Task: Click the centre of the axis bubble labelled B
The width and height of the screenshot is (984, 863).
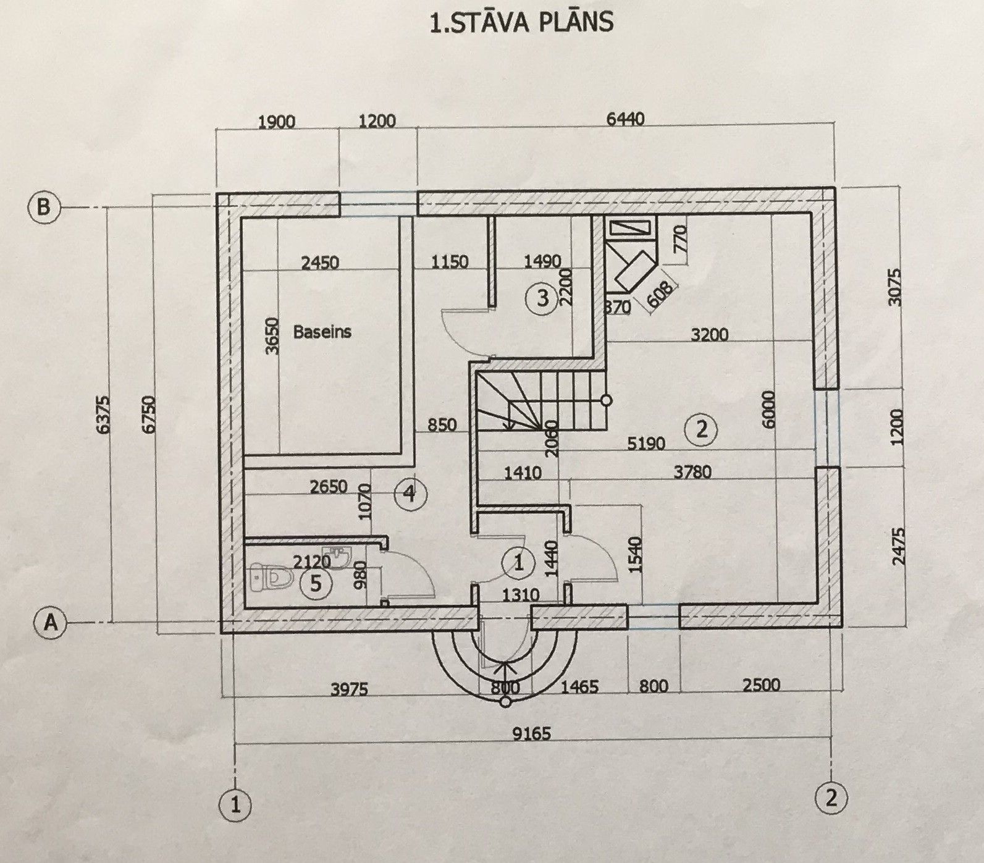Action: click(44, 206)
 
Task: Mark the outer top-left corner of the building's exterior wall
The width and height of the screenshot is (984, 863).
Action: click(216, 193)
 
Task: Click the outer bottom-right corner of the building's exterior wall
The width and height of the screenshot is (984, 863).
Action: click(840, 628)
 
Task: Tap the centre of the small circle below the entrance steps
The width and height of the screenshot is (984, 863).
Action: click(505, 702)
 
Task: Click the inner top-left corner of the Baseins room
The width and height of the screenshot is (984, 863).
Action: click(241, 217)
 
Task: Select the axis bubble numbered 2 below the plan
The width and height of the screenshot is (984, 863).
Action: click(831, 798)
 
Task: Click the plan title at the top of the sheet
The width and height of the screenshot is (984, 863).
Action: click(521, 22)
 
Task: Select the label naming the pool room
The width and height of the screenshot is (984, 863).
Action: click(322, 332)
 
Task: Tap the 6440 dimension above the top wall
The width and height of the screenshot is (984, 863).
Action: click(625, 119)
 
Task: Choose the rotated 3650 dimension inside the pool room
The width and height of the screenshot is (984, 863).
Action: click(272, 335)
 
